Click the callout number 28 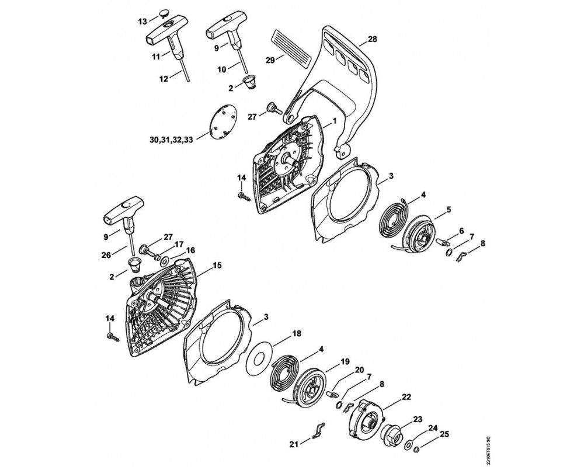372,39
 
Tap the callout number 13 142,22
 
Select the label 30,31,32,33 171,141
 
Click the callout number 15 217,265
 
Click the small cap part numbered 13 164,13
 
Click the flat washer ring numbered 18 260,358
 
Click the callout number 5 449,210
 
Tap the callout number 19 345,361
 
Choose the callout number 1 335,120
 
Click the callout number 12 164,79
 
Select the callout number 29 271,60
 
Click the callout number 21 294,444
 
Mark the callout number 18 297,333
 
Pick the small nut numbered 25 418,449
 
